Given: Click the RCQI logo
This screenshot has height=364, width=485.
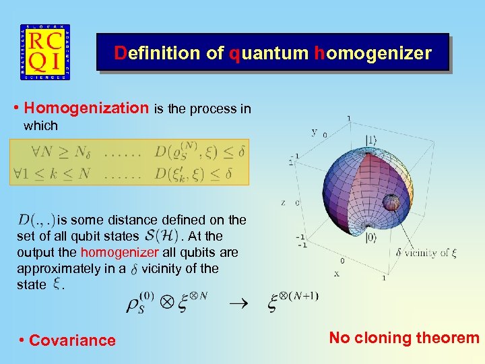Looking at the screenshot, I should tap(44, 53).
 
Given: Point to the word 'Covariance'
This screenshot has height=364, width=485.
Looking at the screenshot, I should tap(72, 340).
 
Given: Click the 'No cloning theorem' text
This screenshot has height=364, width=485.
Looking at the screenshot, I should tap(403, 338).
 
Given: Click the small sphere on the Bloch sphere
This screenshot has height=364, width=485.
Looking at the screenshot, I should tap(391, 202).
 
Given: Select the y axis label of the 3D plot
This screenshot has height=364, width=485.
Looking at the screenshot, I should tap(314, 131).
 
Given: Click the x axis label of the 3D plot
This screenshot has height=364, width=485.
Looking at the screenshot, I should tap(337, 274).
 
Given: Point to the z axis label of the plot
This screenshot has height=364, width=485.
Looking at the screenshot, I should tap(283, 202).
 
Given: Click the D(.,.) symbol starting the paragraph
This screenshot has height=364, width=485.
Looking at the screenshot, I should tap(36, 220).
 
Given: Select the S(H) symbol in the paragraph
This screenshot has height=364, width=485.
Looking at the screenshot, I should tap(160, 236).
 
